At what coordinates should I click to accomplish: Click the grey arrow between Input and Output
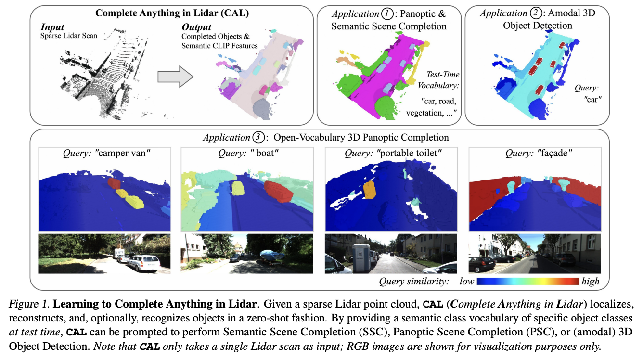(x=175, y=75)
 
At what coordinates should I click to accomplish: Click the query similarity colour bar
(x=528, y=281)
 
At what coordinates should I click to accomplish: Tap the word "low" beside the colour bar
(x=466, y=281)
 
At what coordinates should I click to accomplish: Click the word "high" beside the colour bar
(x=591, y=281)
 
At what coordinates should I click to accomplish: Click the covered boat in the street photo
(x=271, y=255)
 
